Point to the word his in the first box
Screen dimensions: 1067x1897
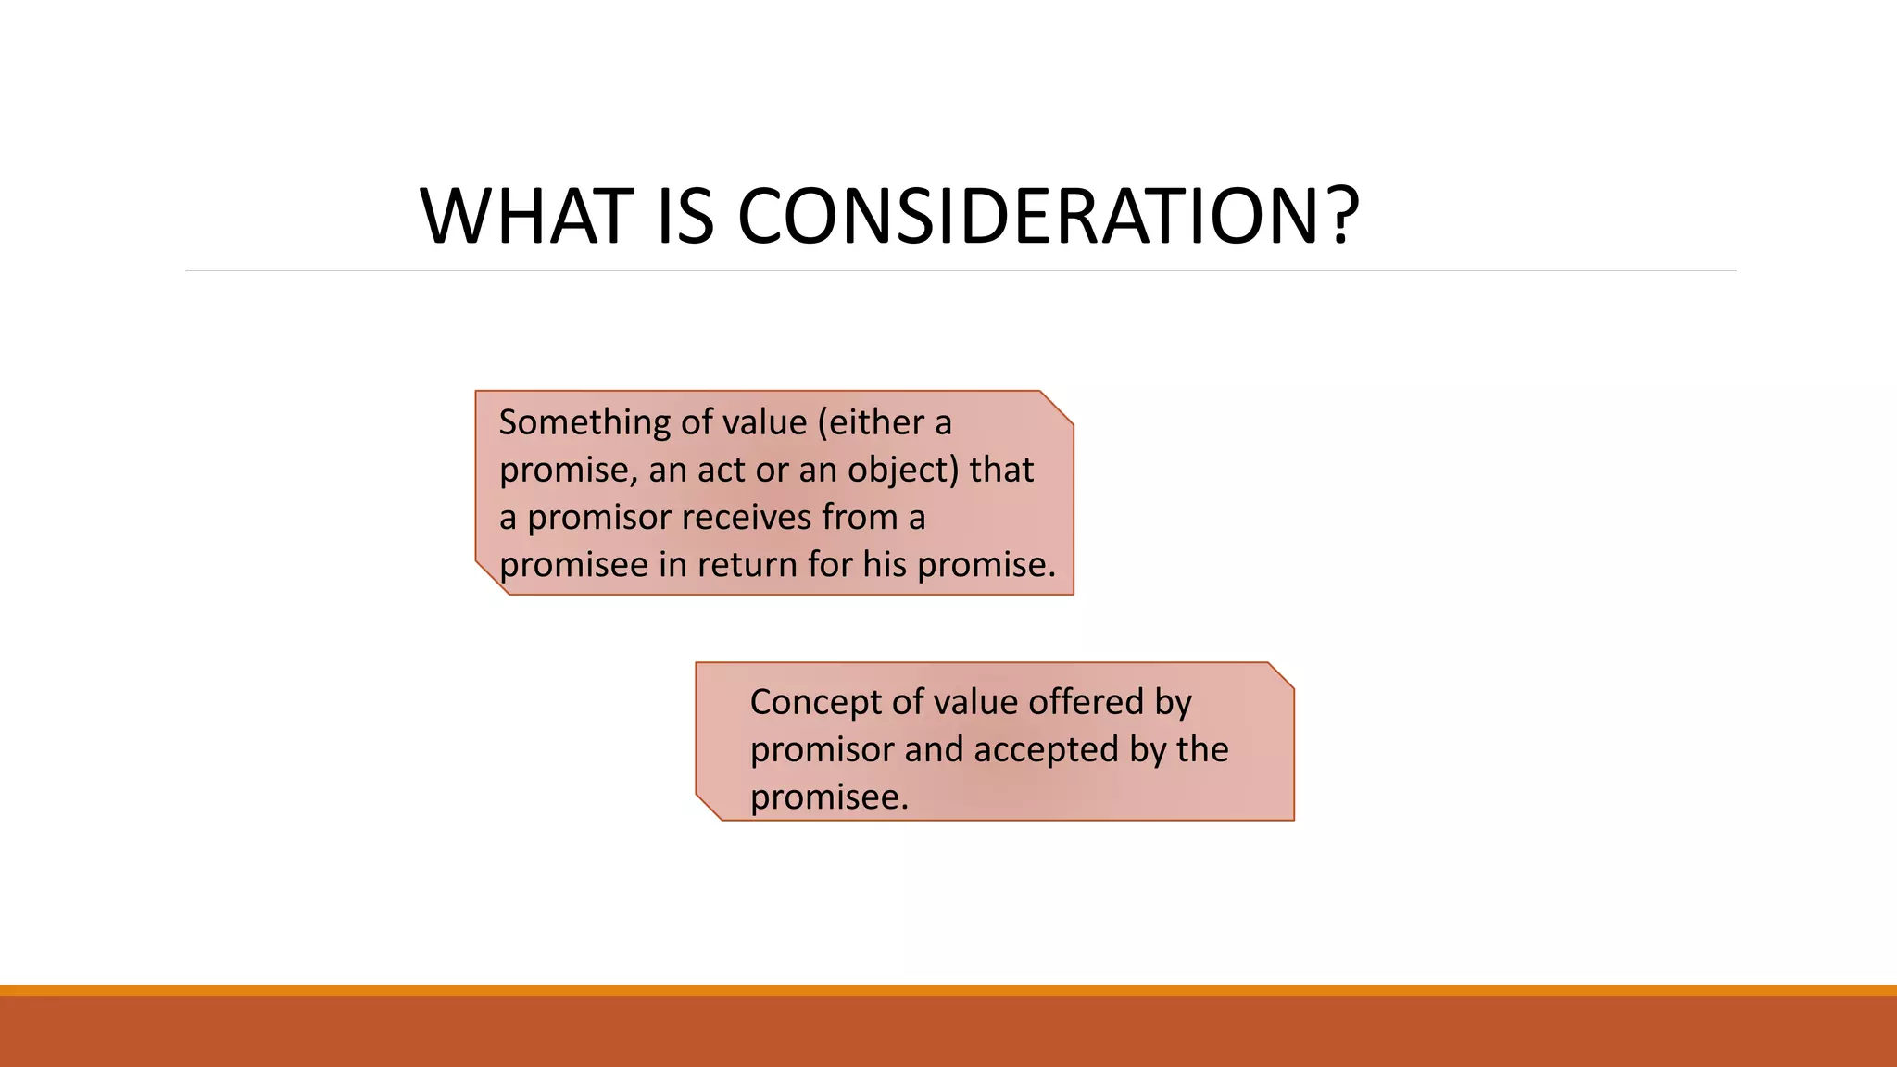[x=885, y=565]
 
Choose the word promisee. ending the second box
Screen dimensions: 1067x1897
[x=829, y=797]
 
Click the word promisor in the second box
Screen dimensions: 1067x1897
[x=822, y=749]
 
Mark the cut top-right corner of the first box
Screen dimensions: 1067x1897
[x=1058, y=407]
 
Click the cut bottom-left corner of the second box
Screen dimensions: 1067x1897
[x=709, y=807]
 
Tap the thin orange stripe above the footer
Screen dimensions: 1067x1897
[x=948, y=990]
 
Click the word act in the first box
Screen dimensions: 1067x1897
[x=720, y=471]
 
